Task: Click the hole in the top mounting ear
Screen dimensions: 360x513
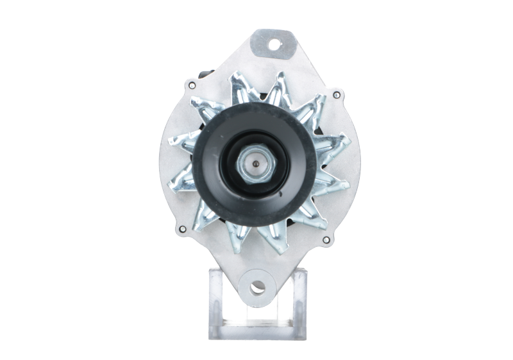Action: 275,45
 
